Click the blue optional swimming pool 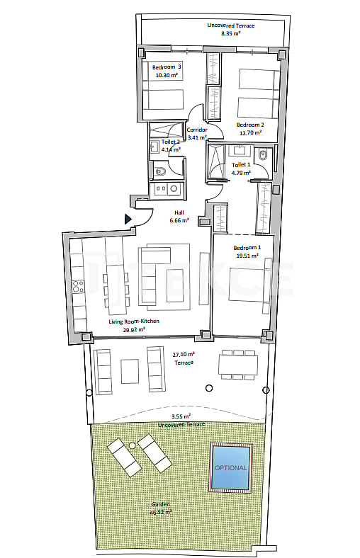coord(230,467)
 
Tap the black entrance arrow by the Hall coord(128,220)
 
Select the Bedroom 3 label coord(167,67)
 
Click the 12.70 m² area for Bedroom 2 coord(250,132)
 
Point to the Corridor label coord(196,130)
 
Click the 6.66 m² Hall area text coord(179,220)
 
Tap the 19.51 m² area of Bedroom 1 coord(246,256)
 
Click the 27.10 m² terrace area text coord(184,353)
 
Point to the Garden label coord(159,505)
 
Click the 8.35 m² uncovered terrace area coord(230,33)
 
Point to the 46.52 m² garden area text coord(159,512)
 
